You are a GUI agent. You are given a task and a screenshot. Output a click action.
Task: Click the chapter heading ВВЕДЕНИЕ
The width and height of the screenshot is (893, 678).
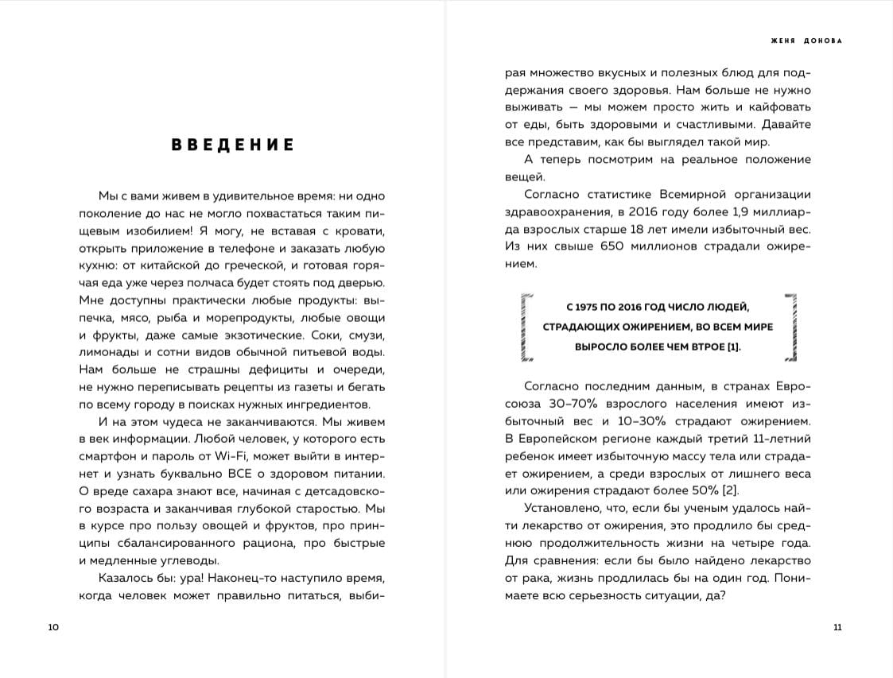233,145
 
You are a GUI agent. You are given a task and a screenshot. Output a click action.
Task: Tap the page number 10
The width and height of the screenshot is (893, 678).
53,627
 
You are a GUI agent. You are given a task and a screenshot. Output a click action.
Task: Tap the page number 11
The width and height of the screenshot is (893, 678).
837,627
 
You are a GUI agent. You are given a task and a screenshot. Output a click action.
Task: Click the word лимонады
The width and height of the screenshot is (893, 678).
109,351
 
